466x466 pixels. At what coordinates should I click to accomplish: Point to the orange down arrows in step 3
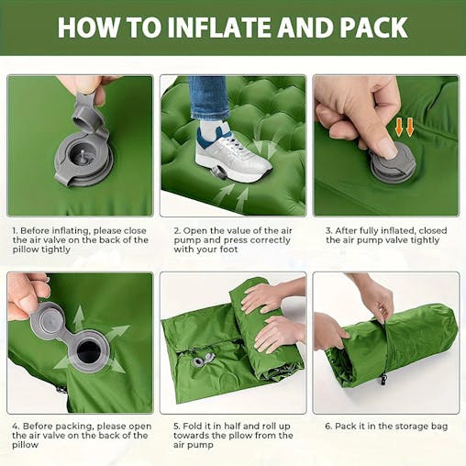(x=405, y=126)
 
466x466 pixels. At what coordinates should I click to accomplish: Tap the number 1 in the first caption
(x=15, y=229)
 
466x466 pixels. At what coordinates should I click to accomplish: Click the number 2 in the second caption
(x=176, y=229)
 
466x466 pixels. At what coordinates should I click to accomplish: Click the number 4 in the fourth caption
(x=16, y=426)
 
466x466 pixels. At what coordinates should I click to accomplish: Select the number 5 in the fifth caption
(x=176, y=426)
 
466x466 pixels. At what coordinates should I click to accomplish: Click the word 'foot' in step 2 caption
(x=241, y=250)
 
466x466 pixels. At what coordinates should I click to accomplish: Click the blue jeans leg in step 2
(x=210, y=98)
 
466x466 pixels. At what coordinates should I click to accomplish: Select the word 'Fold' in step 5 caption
(x=195, y=426)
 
